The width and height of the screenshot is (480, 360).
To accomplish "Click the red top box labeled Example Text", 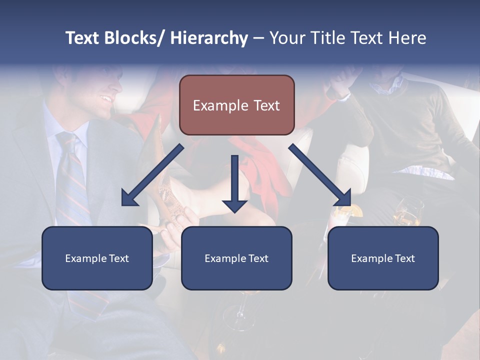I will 236,105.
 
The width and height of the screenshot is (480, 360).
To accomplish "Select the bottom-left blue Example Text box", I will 97,258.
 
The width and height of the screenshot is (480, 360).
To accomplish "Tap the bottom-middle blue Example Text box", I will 236,258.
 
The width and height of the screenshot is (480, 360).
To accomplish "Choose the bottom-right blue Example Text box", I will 383,258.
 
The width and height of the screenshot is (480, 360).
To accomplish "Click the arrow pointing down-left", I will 152,175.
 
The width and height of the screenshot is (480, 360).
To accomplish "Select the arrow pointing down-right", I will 320,175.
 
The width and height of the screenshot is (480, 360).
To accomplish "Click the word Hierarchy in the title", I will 209,38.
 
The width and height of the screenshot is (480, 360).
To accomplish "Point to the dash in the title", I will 258,38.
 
